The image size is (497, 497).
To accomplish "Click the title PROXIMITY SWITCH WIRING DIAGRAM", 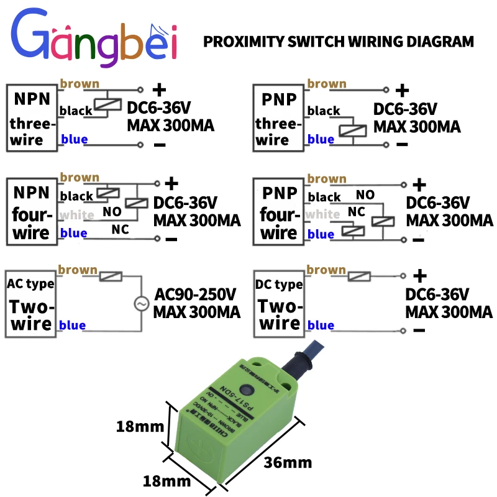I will click(x=339, y=42).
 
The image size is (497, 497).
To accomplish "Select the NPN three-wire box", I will click(x=32, y=117).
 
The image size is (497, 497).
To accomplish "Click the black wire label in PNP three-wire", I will click(x=324, y=111).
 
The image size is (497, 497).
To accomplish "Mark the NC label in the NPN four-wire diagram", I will click(x=120, y=229).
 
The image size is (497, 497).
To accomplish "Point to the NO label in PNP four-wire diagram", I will click(x=365, y=194).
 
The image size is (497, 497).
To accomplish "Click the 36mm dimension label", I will click(x=288, y=463).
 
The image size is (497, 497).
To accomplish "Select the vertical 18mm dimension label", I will click(x=140, y=426).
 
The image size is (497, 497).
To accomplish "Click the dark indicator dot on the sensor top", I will click(x=248, y=391).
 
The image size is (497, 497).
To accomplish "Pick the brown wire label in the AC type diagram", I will click(x=78, y=270).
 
